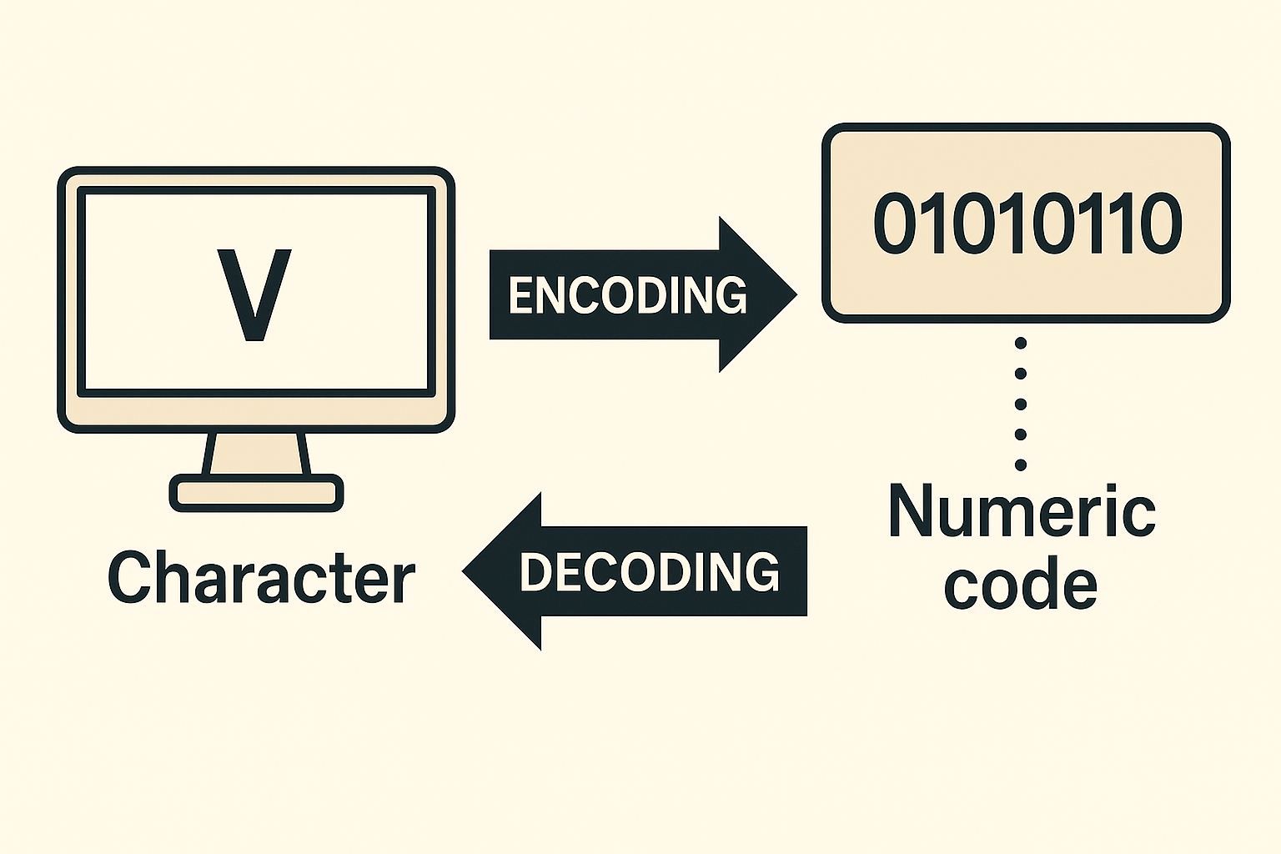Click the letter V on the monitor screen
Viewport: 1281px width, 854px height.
pyautogui.click(x=254, y=294)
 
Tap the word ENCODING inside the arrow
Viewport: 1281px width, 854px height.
pyautogui.click(x=627, y=295)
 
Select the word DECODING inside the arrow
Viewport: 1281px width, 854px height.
pyautogui.click(x=649, y=572)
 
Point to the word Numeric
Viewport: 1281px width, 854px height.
pyautogui.click(x=1022, y=510)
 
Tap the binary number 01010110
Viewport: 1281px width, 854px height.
pyautogui.click(x=1027, y=224)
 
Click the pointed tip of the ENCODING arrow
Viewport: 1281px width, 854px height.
pyautogui.click(x=794, y=294)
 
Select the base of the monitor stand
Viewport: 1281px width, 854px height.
pyautogui.click(x=256, y=492)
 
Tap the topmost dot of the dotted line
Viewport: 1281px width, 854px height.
pyautogui.click(x=1021, y=343)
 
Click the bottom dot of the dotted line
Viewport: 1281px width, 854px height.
pyautogui.click(x=1021, y=465)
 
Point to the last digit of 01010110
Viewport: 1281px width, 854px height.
pyautogui.click(x=1162, y=224)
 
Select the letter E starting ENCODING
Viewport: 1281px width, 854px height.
pyautogui.click(x=522, y=295)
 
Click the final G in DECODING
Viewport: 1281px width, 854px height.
pyautogui.click(x=761, y=572)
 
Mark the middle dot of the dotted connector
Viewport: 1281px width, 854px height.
pyautogui.click(x=1021, y=404)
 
